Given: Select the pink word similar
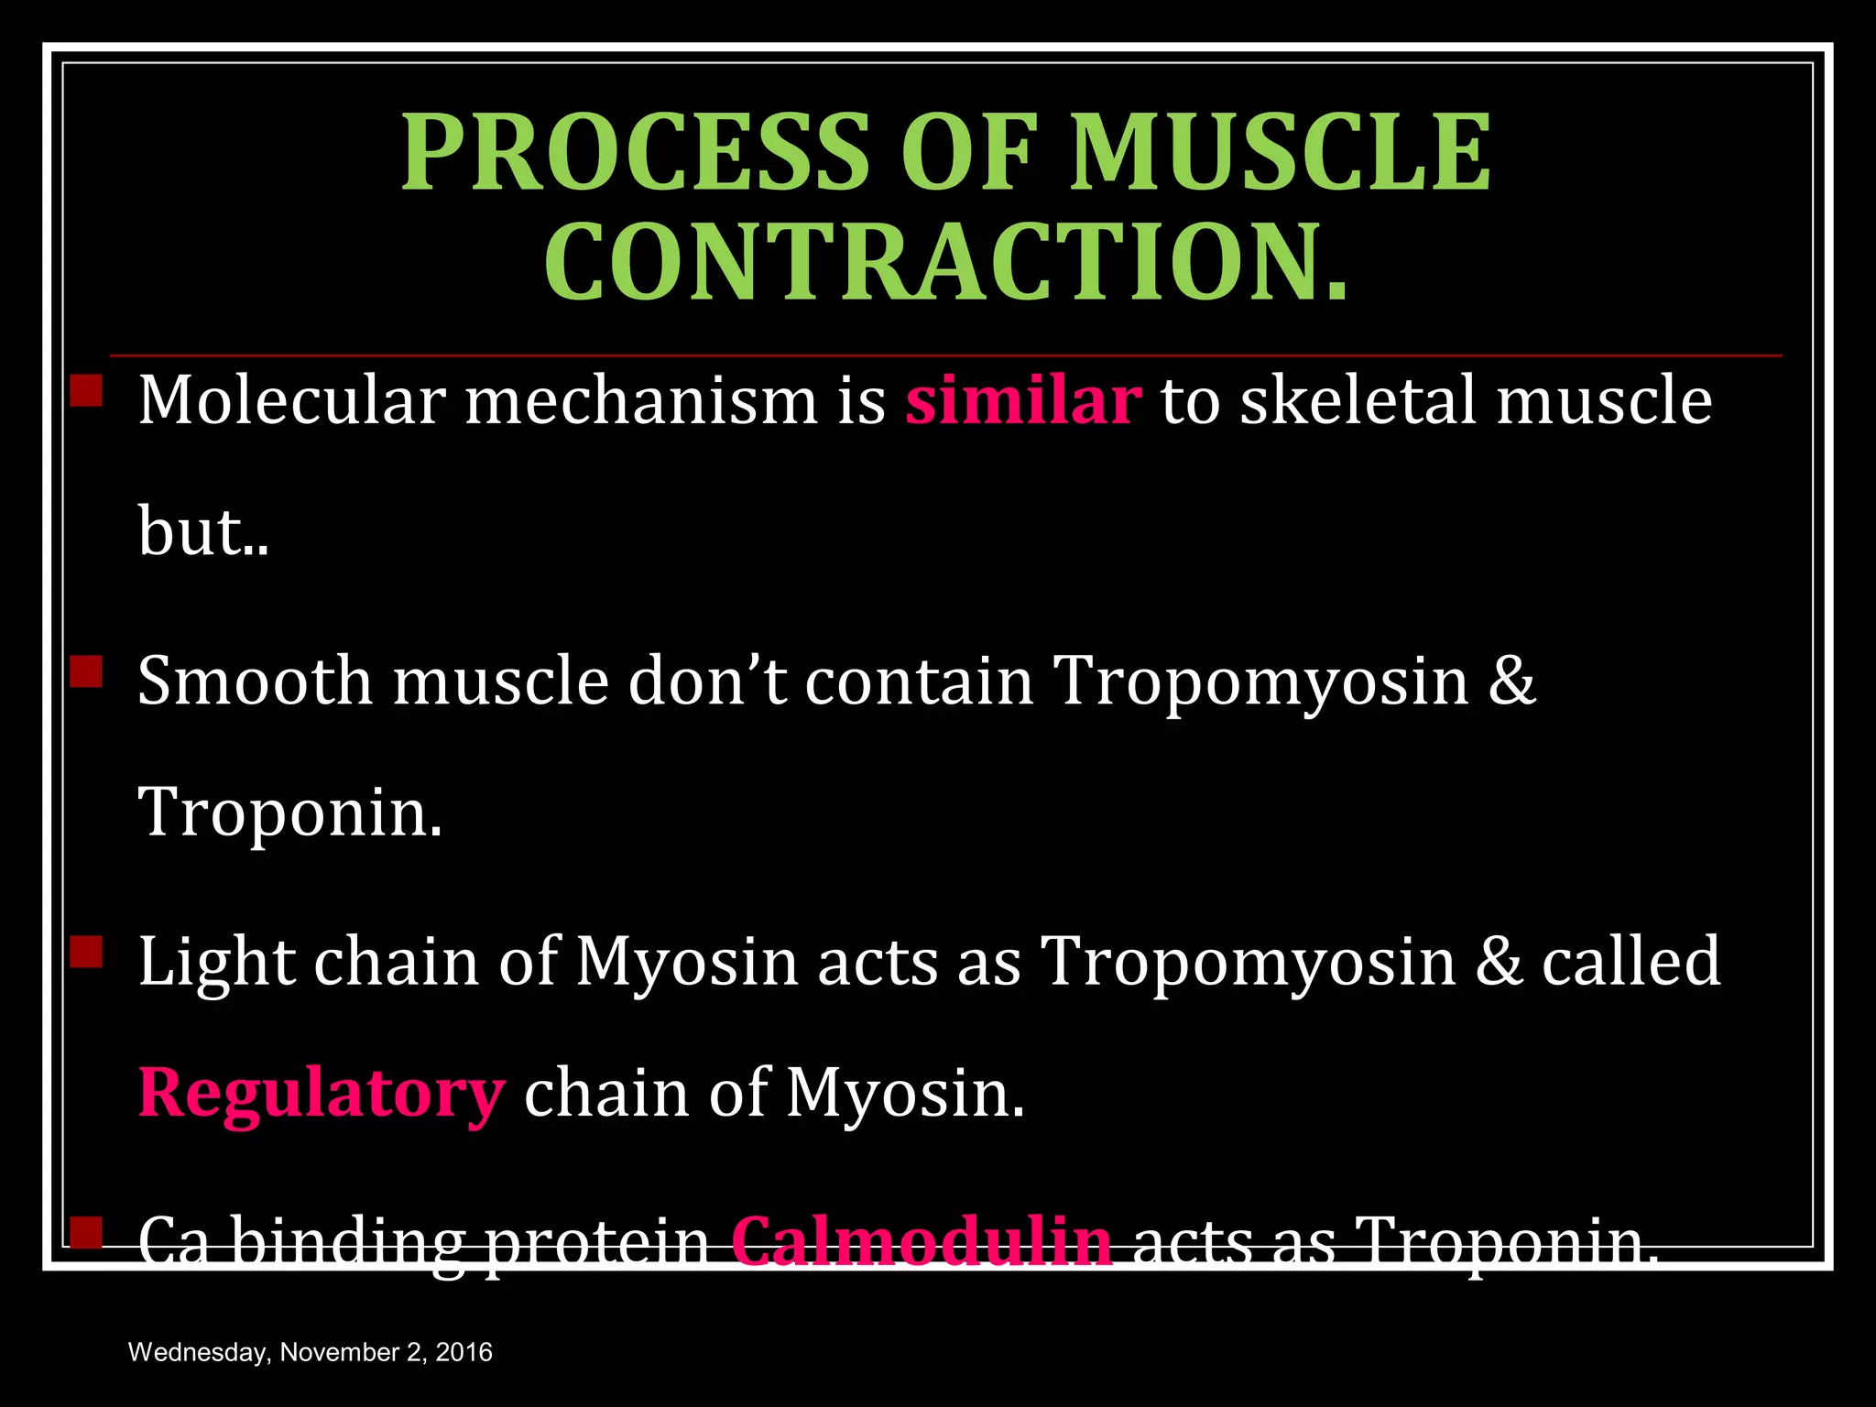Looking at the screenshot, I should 1023,401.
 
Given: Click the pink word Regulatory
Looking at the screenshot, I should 321,1094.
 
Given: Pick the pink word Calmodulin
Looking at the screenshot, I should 922,1242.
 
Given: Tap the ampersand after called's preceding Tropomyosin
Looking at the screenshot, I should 1498,962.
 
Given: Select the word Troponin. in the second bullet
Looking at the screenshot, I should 289,813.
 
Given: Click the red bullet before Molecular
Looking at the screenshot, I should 86,390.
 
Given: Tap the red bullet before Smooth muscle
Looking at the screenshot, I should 86,671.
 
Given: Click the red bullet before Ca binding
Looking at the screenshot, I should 86,1232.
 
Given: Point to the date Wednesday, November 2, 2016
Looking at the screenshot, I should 310,1352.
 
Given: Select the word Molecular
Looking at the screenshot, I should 291,401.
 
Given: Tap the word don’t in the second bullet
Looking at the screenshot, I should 706,682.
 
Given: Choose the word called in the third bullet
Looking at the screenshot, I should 1631,962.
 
